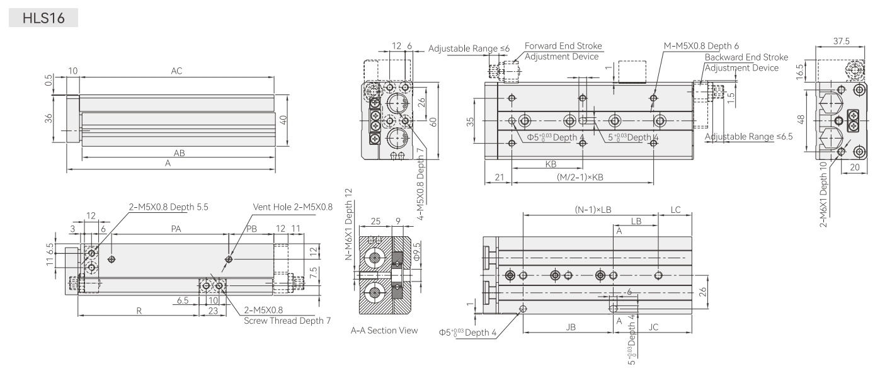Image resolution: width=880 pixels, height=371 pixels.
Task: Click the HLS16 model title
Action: (43, 18)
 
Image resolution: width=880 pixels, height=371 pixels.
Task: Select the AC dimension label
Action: (176, 71)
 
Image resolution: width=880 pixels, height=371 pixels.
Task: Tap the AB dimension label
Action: (179, 153)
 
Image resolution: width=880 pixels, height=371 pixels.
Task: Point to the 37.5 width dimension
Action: (841, 41)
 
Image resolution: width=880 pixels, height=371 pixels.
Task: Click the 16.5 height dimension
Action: (799, 72)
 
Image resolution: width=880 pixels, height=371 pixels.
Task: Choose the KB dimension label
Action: (551, 164)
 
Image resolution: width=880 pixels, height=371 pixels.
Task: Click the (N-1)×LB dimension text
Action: (593, 210)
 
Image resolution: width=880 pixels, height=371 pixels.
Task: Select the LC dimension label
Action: (675, 210)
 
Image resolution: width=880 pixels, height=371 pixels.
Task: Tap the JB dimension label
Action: (571, 327)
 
